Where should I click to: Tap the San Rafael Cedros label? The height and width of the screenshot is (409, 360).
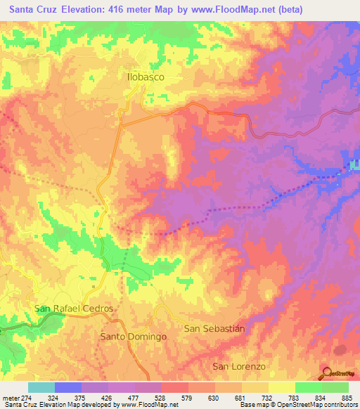(x=74, y=309)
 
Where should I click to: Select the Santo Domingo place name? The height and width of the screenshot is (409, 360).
(x=134, y=337)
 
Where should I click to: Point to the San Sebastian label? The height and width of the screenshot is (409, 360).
(x=214, y=328)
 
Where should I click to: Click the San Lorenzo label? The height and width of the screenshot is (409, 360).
(x=239, y=367)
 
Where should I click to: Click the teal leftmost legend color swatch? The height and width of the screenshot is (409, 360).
(x=41, y=387)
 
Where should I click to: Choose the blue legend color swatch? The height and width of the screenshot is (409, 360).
(x=68, y=387)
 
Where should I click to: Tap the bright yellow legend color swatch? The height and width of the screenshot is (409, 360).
(x=282, y=387)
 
